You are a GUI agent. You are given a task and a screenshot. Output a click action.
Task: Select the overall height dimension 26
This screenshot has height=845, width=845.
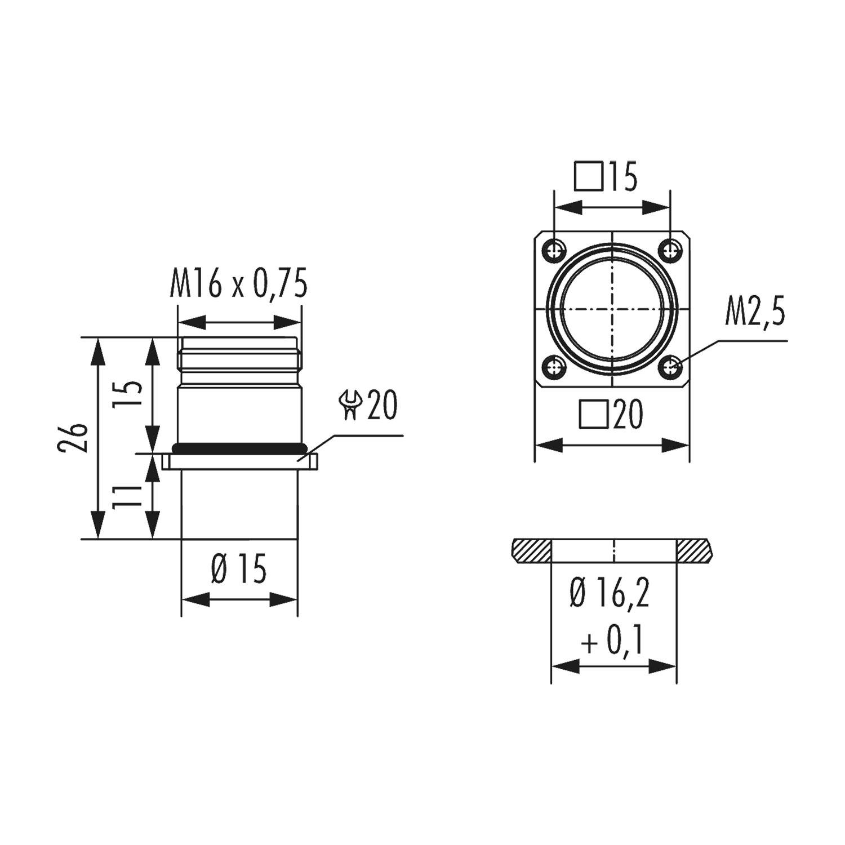click(79, 438)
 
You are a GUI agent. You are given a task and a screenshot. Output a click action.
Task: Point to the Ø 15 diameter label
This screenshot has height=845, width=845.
click(239, 570)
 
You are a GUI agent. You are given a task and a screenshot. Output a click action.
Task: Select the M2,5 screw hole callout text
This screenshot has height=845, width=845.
click(754, 316)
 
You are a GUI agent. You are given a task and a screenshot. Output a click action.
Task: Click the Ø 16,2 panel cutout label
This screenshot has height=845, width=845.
click(610, 595)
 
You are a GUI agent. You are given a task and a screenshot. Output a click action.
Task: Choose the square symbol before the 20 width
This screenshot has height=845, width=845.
click(594, 416)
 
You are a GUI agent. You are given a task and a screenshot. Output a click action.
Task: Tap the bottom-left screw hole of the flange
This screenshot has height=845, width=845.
click(557, 368)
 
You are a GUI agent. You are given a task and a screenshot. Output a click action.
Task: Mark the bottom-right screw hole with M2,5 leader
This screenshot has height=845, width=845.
click(670, 368)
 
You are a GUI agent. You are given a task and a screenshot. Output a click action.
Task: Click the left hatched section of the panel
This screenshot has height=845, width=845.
click(532, 550)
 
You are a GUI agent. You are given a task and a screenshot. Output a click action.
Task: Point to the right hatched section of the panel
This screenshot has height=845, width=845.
click(694, 550)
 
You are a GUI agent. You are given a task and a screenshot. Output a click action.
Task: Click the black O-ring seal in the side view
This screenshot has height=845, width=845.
click(240, 448)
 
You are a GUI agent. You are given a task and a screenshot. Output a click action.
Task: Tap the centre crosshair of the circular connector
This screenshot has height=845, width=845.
click(612, 309)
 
